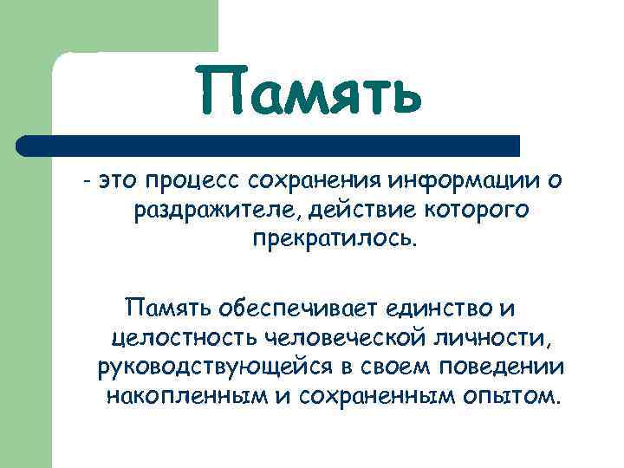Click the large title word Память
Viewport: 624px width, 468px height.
coord(309,94)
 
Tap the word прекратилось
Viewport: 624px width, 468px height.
coord(335,238)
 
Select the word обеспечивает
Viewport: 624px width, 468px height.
coord(301,307)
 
